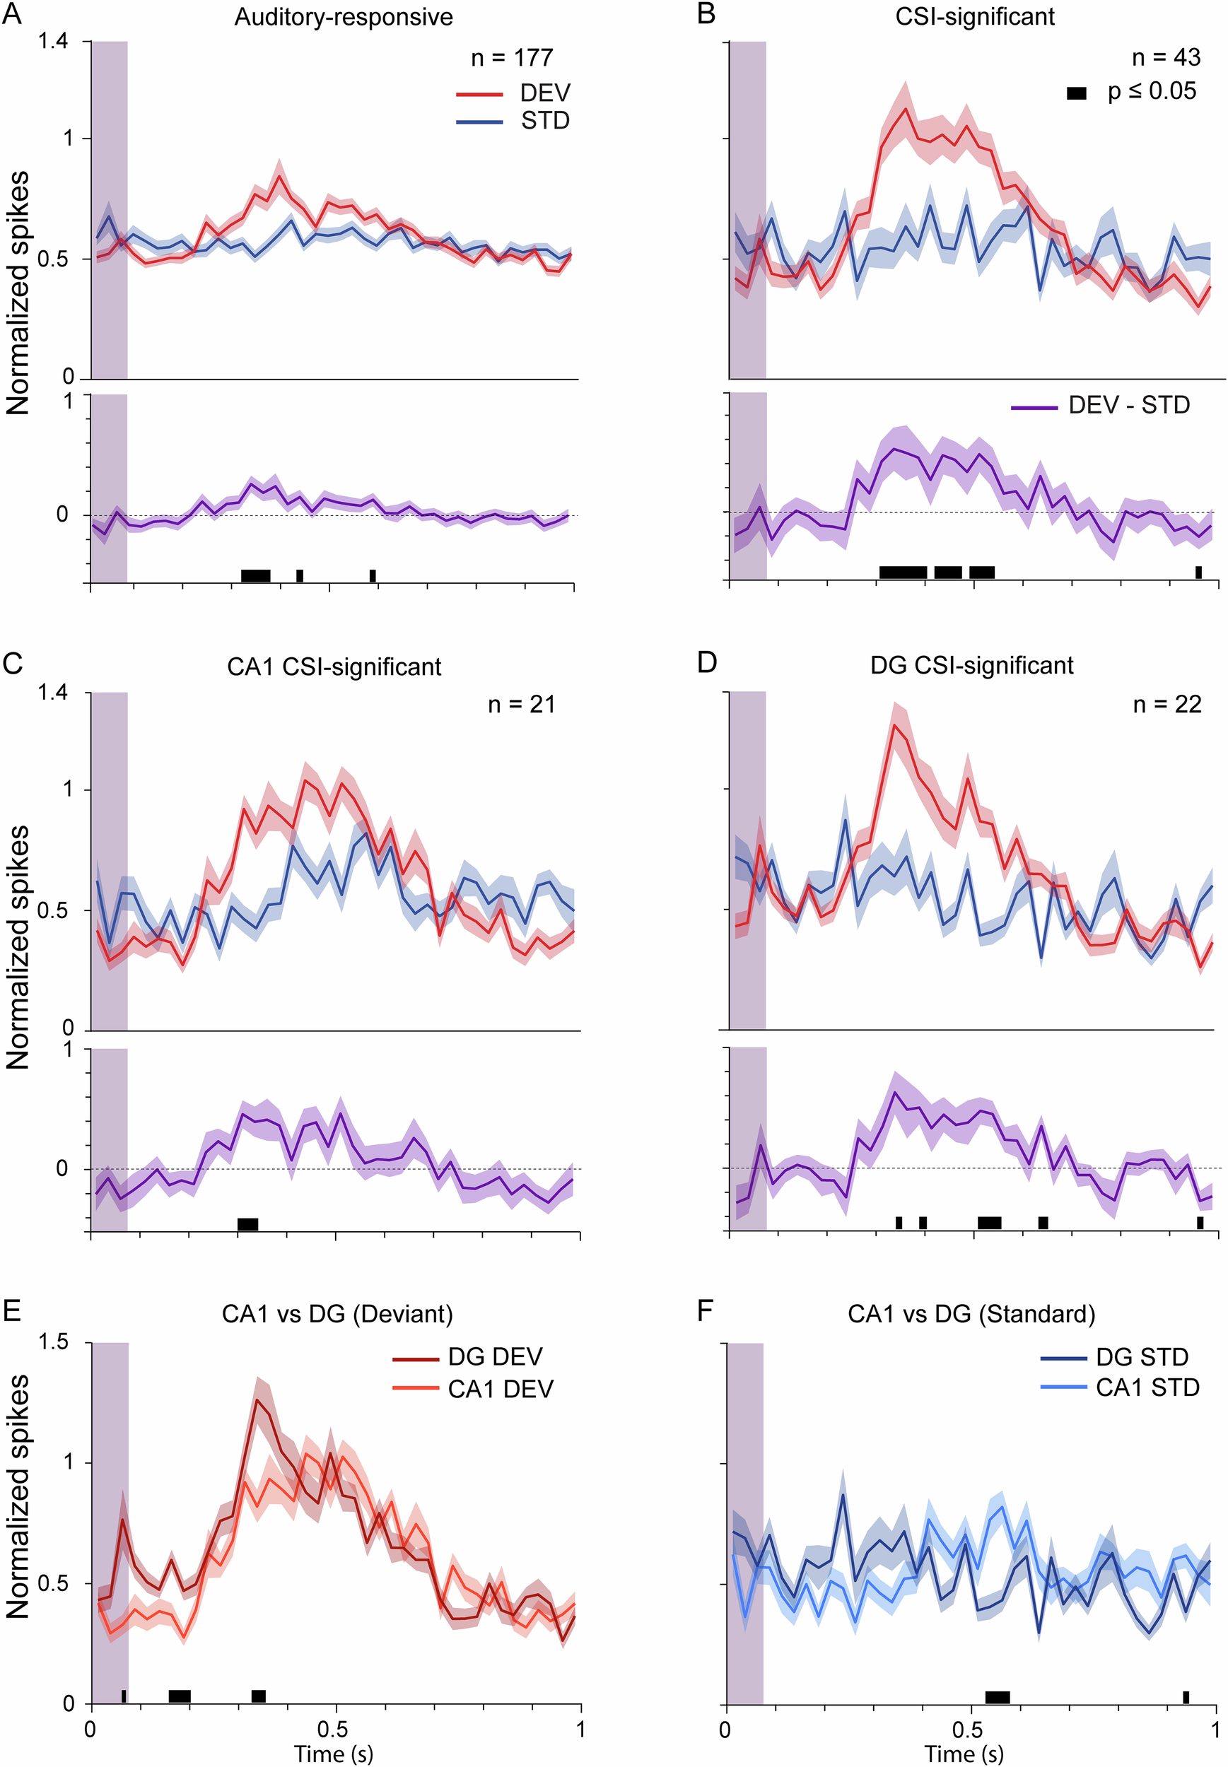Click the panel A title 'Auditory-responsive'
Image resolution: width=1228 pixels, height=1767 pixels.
pyautogui.click(x=343, y=17)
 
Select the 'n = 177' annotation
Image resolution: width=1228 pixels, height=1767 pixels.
pyautogui.click(x=512, y=58)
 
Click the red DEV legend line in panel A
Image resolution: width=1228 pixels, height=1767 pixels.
pyautogui.click(x=479, y=94)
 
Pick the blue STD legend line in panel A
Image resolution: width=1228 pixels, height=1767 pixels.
pyautogui.click(x=479, y=122)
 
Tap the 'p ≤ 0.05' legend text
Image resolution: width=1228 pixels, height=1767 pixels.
pyautogui.click(x=1152, y=92)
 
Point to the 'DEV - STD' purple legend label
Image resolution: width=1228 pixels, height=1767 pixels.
pyautogui.click(x=1129, y=406)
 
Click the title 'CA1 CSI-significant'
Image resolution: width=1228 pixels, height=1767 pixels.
pyautogui.click(x=334, y=667)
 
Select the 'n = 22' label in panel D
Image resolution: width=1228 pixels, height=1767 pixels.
pyautogui.click(x=1167, y=704)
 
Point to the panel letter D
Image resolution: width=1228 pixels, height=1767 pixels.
pyautogui.click(x=706, y=663)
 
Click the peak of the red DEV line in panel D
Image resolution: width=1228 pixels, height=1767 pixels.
pyautogui.click(x=894, y=724)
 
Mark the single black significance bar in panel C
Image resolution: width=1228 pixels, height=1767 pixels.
pyautogui.click(x=247, y=1224)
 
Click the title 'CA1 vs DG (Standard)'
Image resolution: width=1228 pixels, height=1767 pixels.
pyautogui.click(x=971, y=1314)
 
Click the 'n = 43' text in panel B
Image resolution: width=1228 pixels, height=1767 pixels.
pyautogui.click(x=1166, y=57)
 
